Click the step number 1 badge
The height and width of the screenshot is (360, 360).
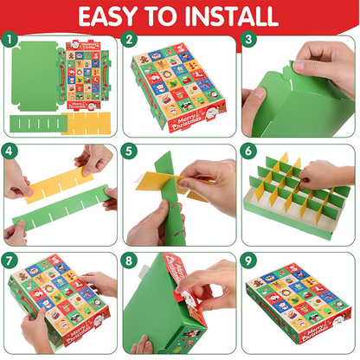pos(10,40)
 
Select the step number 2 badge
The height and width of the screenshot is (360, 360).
pos(129,40)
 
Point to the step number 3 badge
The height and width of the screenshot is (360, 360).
pos(248,40)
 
